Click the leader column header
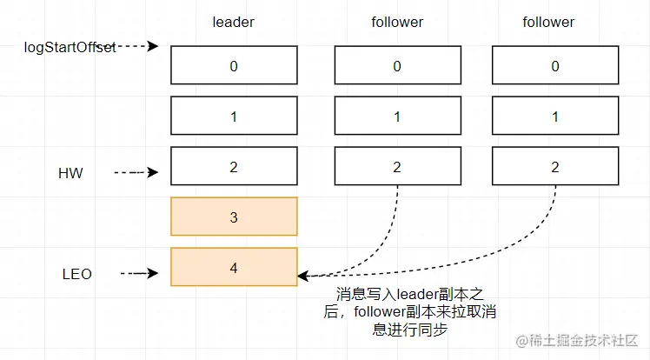click(233, 22)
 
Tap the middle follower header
click(397, 22)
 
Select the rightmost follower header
click(548, 22)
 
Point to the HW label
click(70, 173)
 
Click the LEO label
click(77, 274)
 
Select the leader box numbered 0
click(233, 65)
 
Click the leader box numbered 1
click(233, 117)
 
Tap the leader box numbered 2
click(233, 167)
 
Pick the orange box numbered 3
click(233, 217)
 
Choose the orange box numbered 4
click(233, 268)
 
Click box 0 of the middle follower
click(397, 65)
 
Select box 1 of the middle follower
click(397, 117)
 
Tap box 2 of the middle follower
click(397, 167)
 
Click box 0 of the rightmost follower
click(555, 65)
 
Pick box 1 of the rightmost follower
click(555, 117)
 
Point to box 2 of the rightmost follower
click(555, 167)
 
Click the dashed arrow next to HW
click(135, 173)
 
